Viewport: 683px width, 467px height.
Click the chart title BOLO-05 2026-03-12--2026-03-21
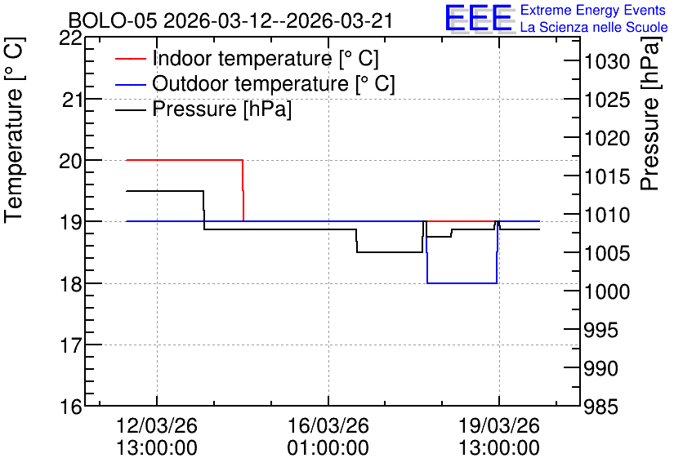231,21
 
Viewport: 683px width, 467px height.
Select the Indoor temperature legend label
266,58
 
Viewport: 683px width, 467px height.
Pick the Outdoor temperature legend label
274,83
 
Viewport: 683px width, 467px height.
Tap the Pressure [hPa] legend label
221,109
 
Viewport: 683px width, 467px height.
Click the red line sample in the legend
130,59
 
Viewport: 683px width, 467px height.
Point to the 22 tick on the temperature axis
70,38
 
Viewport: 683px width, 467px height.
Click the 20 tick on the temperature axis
70,161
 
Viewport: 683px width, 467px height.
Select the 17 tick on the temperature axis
70,345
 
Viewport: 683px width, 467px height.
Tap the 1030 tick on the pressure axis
607,62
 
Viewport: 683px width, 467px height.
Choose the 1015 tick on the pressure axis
607,176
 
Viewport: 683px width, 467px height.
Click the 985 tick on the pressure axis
600,407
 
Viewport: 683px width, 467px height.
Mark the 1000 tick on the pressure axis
607,291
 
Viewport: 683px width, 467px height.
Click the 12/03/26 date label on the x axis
157,425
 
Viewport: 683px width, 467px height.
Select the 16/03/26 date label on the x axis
328,425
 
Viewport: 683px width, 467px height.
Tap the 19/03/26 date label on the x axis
499,425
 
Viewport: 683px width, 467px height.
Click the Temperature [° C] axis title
15,131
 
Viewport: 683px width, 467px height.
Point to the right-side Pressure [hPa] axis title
650,113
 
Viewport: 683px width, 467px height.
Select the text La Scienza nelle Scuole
594,27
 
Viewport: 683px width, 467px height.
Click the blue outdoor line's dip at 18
462,283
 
